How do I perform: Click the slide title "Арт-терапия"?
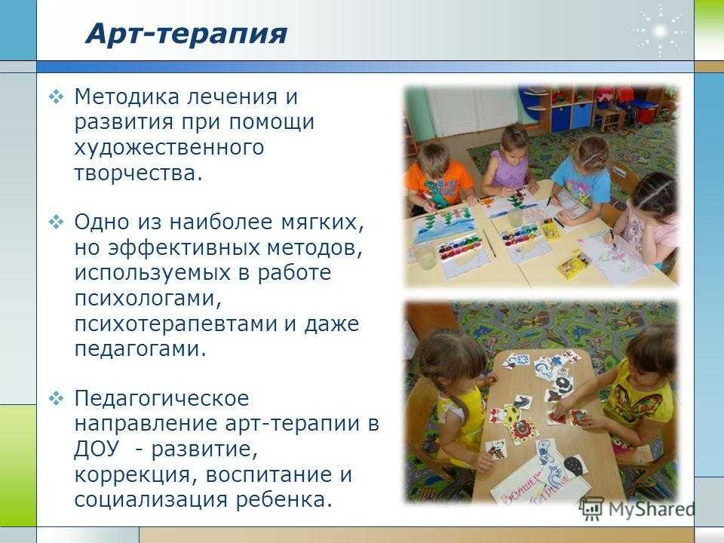186,34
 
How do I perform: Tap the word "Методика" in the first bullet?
127,97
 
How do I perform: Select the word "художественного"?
169,149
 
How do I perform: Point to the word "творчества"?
135,173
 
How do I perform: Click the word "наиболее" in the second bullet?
221,222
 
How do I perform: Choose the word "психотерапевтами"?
176,324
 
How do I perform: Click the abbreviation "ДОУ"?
97,449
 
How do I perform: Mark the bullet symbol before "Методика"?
56,97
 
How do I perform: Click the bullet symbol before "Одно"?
56,222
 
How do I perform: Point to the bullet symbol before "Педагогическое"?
56,399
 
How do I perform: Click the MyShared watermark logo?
638,508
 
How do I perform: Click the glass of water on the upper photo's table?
425,256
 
